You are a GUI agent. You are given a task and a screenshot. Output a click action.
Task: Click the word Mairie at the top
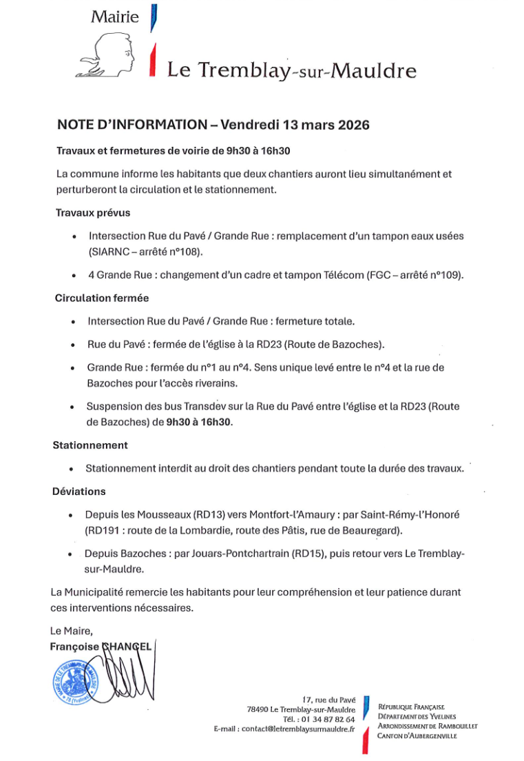(x=114, y=17)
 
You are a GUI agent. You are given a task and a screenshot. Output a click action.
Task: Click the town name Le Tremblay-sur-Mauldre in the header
(x=292, y=70)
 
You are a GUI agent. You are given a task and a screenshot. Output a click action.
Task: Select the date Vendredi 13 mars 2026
(x=295, y=125)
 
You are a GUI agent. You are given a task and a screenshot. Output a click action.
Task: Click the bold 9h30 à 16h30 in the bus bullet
(x=200, y=422)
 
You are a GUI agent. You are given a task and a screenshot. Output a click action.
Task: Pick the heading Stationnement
(x=90, y=445)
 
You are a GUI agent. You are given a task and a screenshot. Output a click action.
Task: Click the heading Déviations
(x=79, y=491)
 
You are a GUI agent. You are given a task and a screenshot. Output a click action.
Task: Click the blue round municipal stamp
(x=76, y=679)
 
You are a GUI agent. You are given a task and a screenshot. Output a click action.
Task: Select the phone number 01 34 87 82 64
(x=324, y=719)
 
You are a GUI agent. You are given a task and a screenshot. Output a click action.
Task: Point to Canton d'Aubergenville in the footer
(x=417, y=735)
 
